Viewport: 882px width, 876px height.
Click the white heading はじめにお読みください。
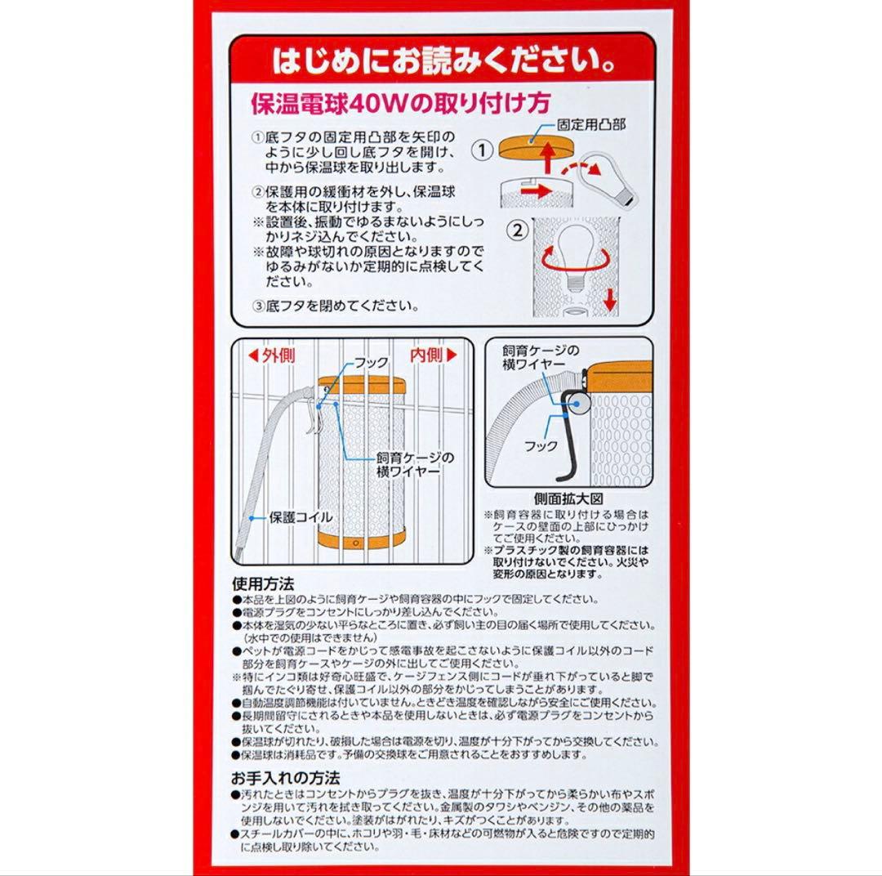click(x=442, y=63)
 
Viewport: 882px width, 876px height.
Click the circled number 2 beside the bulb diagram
click(x=517, y=229)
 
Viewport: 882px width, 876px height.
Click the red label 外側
click(x=272, y=355)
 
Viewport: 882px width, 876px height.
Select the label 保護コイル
click(x=301, y=517)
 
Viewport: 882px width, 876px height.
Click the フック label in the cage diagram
click(x=371, y=361)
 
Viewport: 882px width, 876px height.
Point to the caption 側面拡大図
click(x=568, y=498)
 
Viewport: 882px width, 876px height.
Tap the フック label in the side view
click(x=541, y=446)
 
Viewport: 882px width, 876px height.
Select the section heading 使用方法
click(x=263, y=584)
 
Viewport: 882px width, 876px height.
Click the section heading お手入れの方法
click(x=285, y=776)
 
